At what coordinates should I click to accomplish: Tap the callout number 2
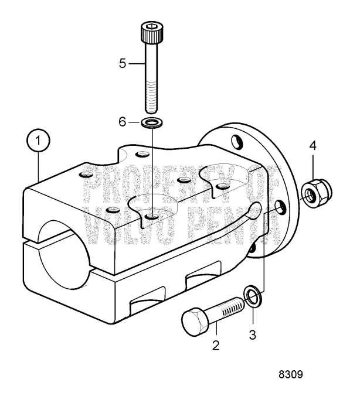[216, 346]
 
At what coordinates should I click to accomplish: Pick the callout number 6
[123, 124]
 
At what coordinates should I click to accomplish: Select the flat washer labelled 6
[151, 124]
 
